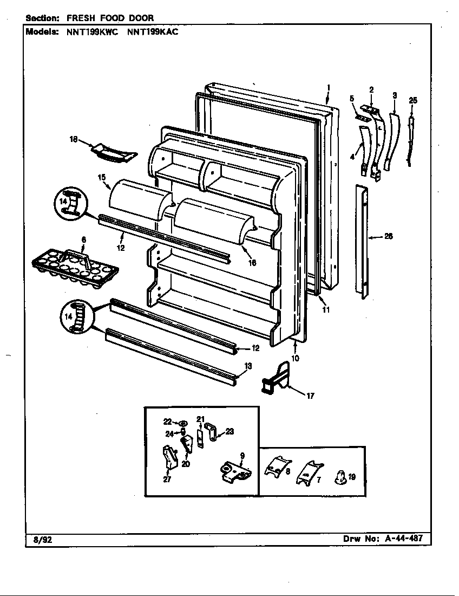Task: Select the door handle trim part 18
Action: coord(111,152)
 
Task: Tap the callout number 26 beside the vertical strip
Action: coord(388,236)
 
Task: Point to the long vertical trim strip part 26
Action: coord(362,241)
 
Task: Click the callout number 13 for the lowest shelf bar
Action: coord(248,367)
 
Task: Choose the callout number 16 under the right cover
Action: coord(252,263)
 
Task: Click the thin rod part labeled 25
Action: coord(413,135)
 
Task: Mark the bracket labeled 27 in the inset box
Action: coord(169,458)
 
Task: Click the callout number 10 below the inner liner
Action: coord(295,358)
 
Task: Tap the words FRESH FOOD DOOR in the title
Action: coord(110,18)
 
